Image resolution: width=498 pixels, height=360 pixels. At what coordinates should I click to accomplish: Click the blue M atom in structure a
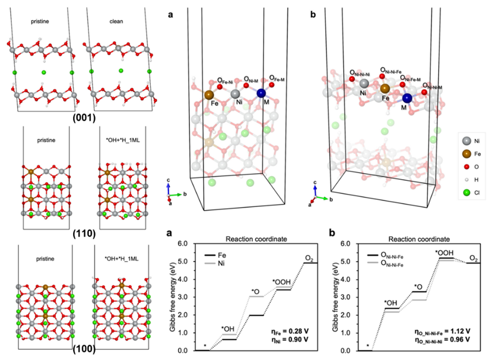261,93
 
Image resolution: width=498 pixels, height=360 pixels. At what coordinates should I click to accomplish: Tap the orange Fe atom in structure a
209,94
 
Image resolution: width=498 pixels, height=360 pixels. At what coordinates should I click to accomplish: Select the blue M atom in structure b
407,98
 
